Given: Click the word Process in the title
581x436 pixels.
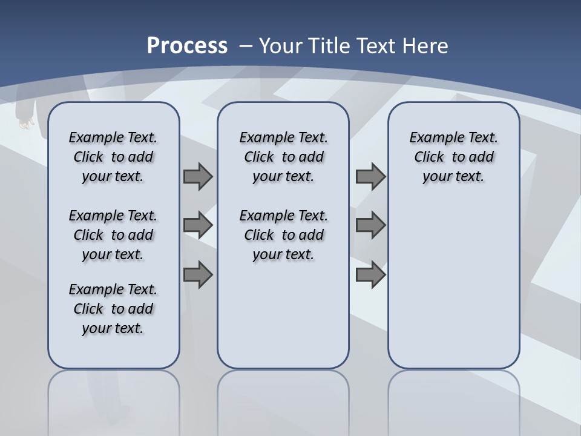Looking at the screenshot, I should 187,45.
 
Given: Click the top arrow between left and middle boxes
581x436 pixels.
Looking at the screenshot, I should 198,176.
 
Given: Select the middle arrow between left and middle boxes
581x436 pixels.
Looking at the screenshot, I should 198,225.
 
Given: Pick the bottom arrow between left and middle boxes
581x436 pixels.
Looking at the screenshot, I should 198,275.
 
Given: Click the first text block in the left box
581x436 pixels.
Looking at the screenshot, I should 113,157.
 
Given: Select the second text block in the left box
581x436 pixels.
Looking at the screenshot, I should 113,235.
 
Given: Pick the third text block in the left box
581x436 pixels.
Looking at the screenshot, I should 113,309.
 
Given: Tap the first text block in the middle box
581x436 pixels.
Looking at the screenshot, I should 283,157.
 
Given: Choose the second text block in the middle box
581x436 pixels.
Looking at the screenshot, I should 283,235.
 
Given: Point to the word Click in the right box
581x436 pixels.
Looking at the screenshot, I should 429,157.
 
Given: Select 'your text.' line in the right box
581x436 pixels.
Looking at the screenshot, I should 453,177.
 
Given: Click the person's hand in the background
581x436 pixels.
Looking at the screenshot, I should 25,124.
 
